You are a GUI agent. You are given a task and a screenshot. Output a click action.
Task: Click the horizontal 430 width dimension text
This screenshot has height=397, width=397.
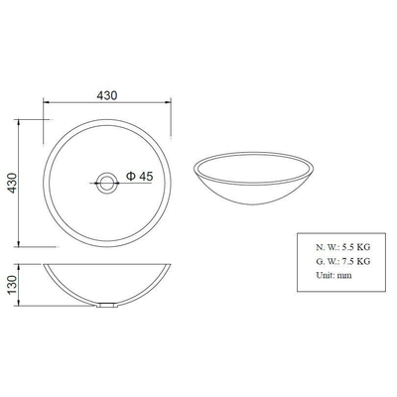pyautogui.click(x=108, y=95)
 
